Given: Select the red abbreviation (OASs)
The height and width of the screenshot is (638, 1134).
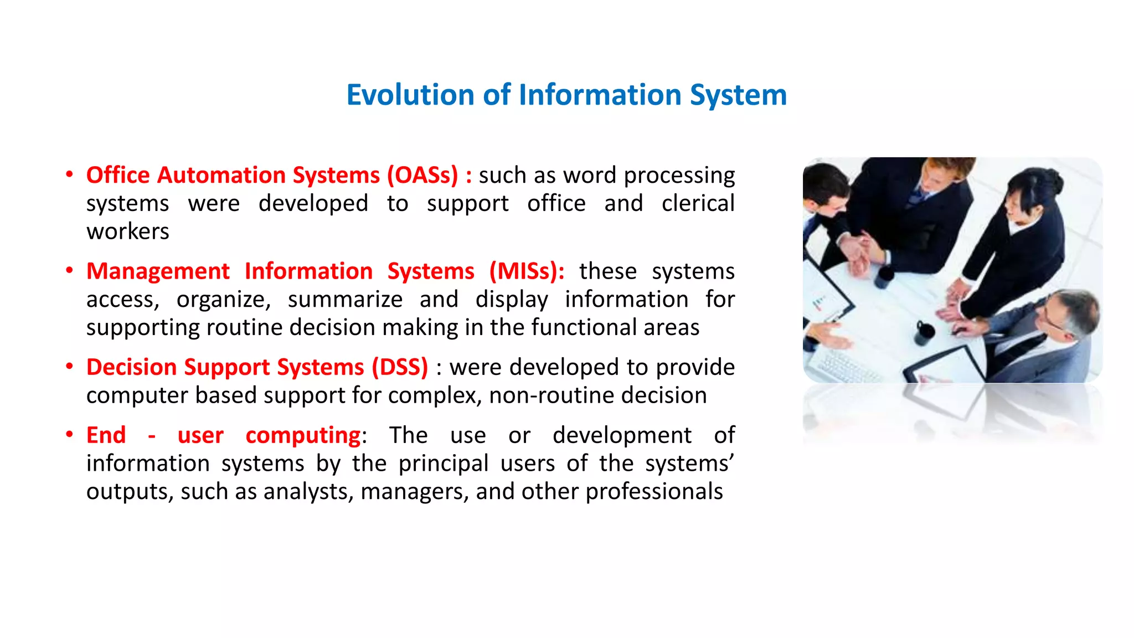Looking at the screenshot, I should pos(422,175).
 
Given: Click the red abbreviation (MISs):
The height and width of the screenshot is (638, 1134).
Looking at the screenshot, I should pos(527,271).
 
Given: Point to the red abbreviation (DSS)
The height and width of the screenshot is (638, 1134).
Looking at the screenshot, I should pos(400,367).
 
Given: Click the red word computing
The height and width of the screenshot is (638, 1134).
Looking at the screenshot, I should pos(303,435).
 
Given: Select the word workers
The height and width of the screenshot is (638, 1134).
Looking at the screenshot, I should pos(127,231).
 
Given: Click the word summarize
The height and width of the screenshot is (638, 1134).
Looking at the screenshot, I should pos(345,300).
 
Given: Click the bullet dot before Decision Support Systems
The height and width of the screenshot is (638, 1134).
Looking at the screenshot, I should pos(69,366).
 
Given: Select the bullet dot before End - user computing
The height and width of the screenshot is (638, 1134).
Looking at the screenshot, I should pos(69,434).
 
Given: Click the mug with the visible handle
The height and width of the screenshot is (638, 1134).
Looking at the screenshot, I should pos(923,333).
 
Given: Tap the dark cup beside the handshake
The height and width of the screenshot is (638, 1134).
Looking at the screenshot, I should pos(884,276).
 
